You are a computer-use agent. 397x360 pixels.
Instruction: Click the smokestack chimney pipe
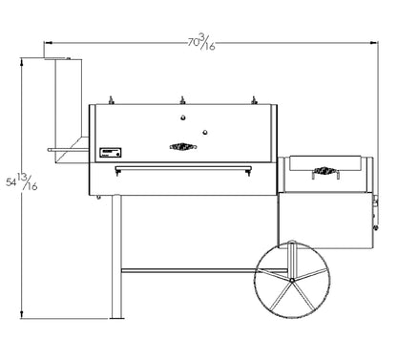coord(69,105)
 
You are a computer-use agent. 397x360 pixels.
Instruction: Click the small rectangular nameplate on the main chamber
coord(109,151)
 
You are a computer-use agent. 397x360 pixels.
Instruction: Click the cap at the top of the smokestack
coord(63,61)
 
